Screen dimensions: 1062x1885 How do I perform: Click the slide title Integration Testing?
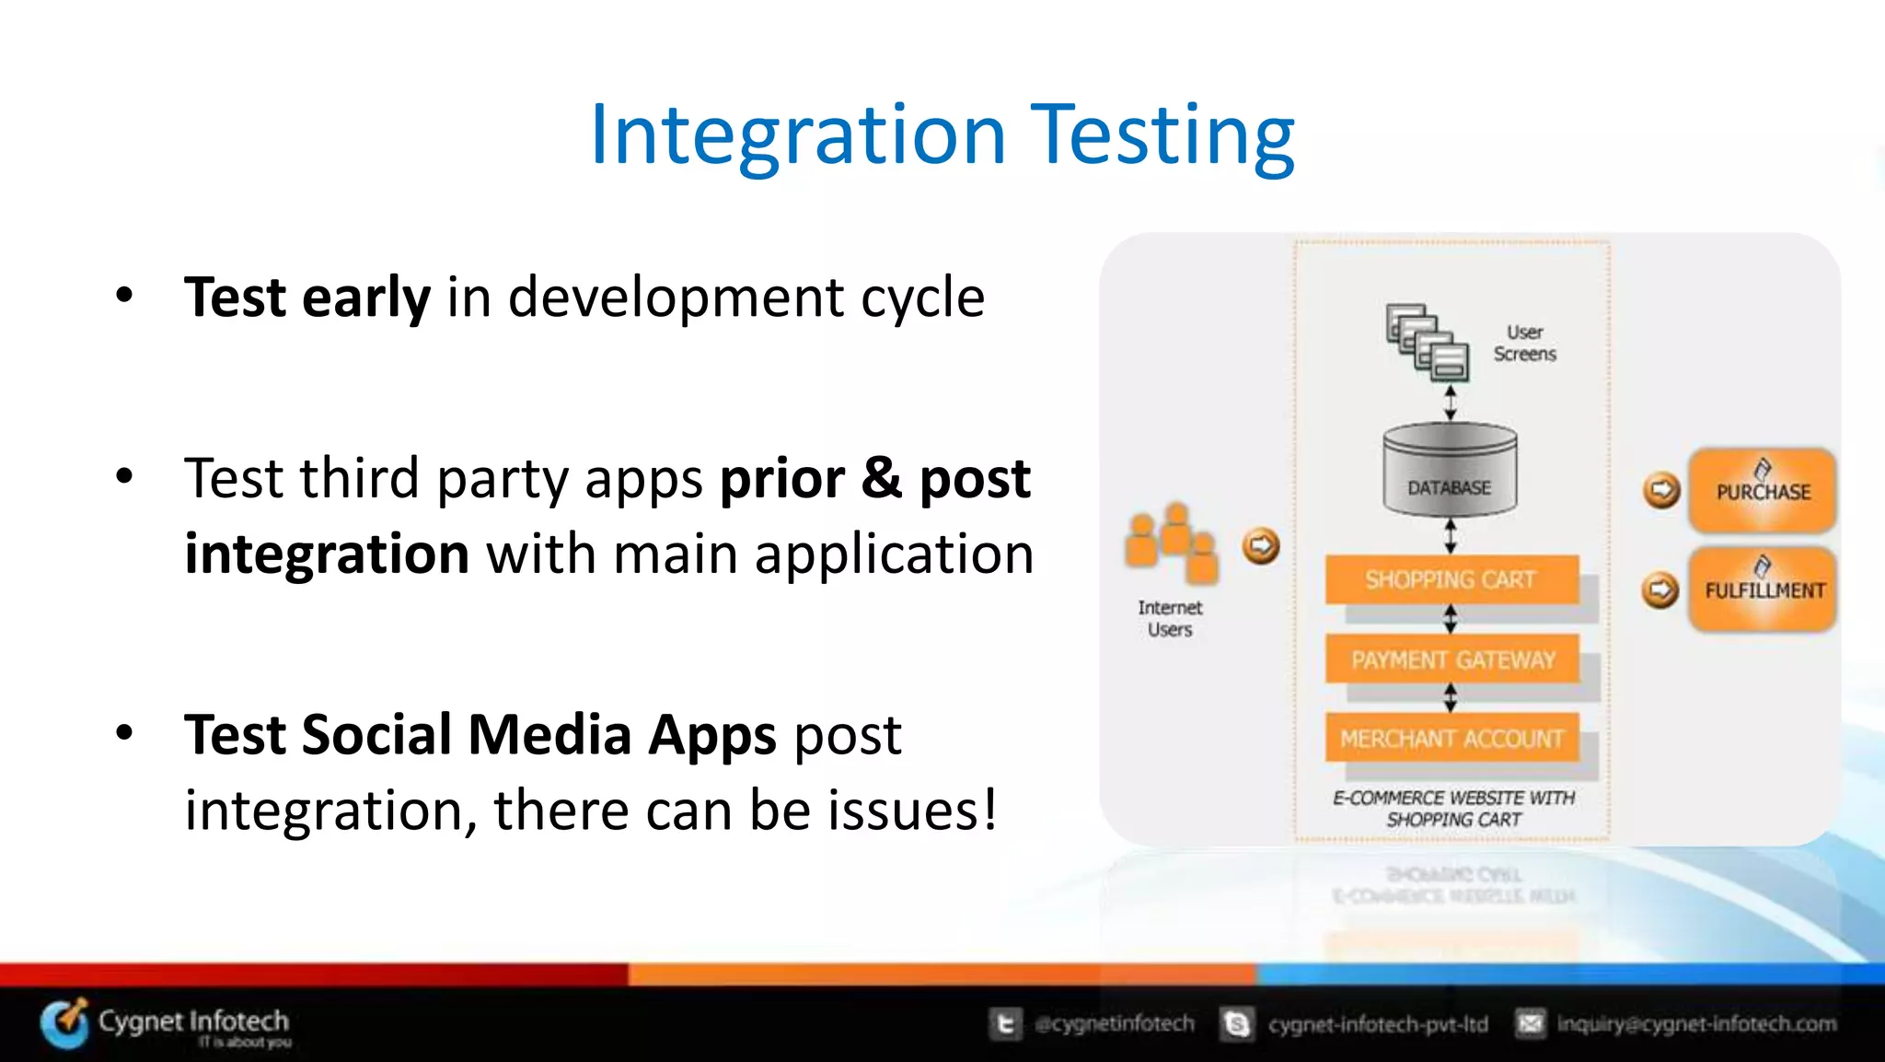942,135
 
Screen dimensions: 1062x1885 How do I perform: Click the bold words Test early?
306,298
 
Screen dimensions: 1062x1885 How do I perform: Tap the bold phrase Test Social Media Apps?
480,735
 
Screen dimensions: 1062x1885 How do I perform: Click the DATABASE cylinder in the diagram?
1450,470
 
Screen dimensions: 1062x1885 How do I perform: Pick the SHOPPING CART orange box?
1451,579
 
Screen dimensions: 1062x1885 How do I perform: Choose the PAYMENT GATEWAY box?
1452,659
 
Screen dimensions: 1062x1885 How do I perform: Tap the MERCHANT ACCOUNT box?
1451,739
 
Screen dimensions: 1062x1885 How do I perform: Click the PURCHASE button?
1762,491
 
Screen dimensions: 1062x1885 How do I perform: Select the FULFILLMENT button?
1763,589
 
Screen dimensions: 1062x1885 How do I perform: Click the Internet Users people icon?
1171,543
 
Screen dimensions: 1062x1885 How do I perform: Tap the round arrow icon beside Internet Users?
1261,546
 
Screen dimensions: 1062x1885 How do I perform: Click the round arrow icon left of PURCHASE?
1661,490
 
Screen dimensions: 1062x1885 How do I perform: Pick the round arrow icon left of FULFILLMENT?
1660,589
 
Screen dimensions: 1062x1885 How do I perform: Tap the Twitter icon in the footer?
1005,1024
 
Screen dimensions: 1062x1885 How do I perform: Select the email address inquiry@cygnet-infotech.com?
1695,1024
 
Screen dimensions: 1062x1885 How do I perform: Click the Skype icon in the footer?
1237,1024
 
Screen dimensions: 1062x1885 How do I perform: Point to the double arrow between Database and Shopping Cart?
1451,535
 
